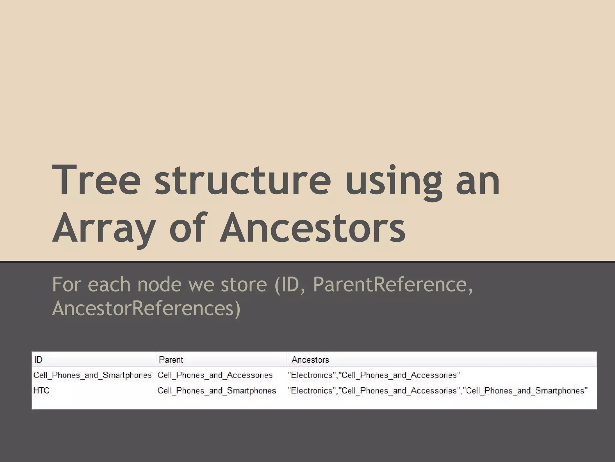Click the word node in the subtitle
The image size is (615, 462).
159,284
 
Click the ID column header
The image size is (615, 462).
38,359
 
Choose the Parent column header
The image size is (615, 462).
171,359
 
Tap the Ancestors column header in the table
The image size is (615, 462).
310,359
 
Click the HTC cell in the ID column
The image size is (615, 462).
41,390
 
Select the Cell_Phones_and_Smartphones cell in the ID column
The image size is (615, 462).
92,375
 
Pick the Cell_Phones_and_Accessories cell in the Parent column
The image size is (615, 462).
215,375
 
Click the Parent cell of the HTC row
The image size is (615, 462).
217,390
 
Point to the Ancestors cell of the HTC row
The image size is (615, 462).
438,390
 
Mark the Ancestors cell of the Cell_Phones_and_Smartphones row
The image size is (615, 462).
374,375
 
